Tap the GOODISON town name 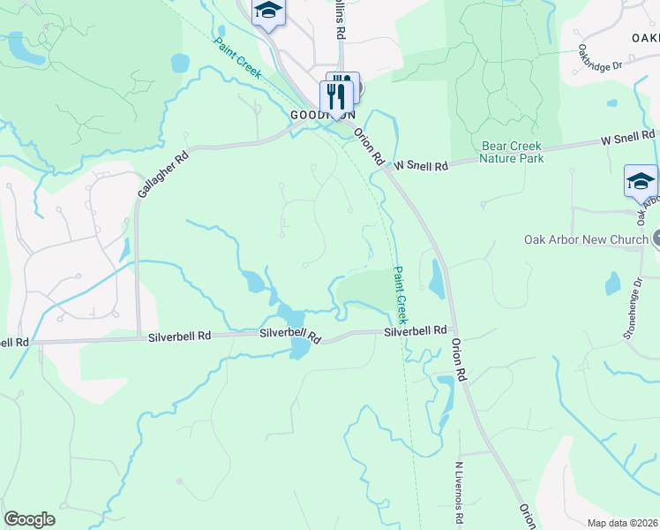click(x=322, y=115)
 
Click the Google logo click(x=29, y=519)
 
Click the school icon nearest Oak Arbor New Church click(x=641, y=181)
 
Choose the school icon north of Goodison click(x=267, y=11)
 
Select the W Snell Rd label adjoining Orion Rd click(x=421, y=165)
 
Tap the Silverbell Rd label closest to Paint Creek click(x=415, y=330)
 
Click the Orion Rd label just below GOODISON click(x=370, y=147)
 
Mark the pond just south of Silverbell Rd click(x=299, y=350)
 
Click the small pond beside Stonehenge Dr click(x=612, y=284)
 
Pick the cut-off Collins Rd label click(x=338, y=19)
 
